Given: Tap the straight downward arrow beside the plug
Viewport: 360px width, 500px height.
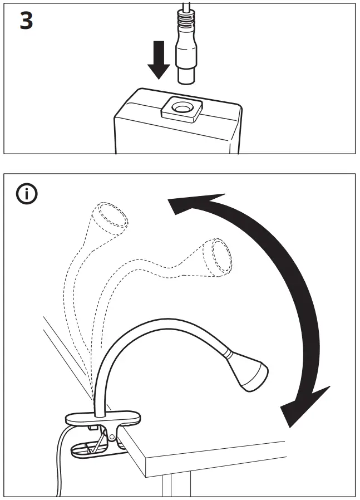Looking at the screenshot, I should coord(160,62).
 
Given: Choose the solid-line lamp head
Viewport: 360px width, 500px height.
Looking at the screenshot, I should coord(250,370).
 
